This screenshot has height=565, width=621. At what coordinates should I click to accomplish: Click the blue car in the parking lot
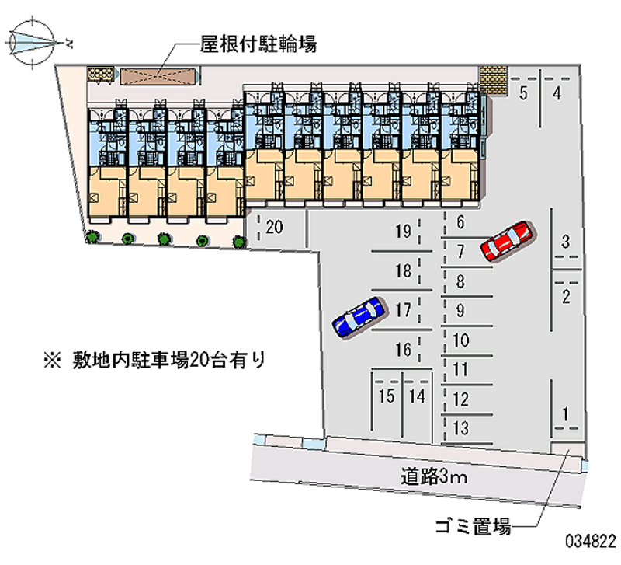[359, 316]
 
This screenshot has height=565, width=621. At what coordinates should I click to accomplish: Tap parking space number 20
[273, 228]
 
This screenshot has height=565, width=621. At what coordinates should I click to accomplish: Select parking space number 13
[460, 427]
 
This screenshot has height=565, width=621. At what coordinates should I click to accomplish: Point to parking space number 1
[567, 413]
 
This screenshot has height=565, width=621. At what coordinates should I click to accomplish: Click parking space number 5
[524, 94]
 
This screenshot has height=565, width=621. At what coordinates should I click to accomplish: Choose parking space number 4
[557, 94]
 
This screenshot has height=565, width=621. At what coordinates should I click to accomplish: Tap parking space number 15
[386, 396]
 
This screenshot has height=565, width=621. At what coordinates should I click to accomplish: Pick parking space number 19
[402, 231]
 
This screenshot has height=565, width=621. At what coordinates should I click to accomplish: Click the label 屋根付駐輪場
[258, 44]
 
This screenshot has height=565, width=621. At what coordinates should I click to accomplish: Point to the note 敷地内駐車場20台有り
[155, 360]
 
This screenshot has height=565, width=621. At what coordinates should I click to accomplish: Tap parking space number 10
[460, 340]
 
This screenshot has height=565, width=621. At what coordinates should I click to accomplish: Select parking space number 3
[567, 242]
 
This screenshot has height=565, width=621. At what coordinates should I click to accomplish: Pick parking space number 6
[460, 223]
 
